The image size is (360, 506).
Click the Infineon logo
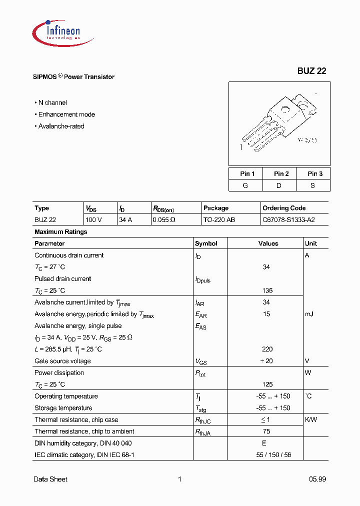point(56,30)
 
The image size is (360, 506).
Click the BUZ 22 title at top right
point(311,71)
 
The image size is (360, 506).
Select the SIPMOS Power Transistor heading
point(74,77)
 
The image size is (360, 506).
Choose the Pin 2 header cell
point(281,173)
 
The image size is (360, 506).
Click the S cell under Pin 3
point(313,185)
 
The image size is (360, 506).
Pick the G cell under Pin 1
point(245,185)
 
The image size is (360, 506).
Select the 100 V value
point(93,219)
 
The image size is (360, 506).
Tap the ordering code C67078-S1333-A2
point(288,219)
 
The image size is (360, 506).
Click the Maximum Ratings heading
point(60,231)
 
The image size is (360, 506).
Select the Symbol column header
point(206,243)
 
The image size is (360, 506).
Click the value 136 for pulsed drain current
point(267,290)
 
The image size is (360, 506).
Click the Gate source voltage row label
point(62,361)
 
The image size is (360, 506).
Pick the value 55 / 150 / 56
point(267,454)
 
